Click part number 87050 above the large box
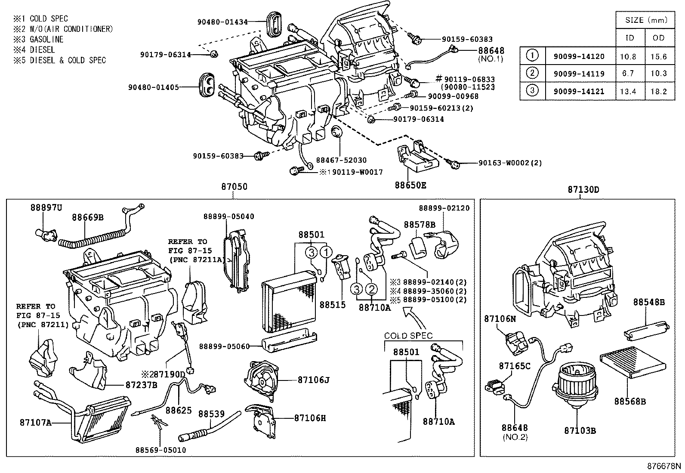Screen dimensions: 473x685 click(234, 188)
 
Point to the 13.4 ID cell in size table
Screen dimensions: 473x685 click(629, 91)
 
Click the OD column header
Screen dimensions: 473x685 click(658, 38)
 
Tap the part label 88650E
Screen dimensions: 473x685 click(410, 185)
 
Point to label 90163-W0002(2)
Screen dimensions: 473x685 click(509, 163)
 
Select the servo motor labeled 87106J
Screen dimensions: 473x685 click(261, 379)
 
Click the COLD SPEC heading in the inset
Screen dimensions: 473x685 click(408, 336)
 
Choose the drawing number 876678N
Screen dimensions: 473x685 click(665, 467)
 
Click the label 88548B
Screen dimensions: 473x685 click(648, 302)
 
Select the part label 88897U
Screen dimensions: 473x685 click(46, 207)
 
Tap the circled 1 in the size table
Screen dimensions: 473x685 click(532, 56)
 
